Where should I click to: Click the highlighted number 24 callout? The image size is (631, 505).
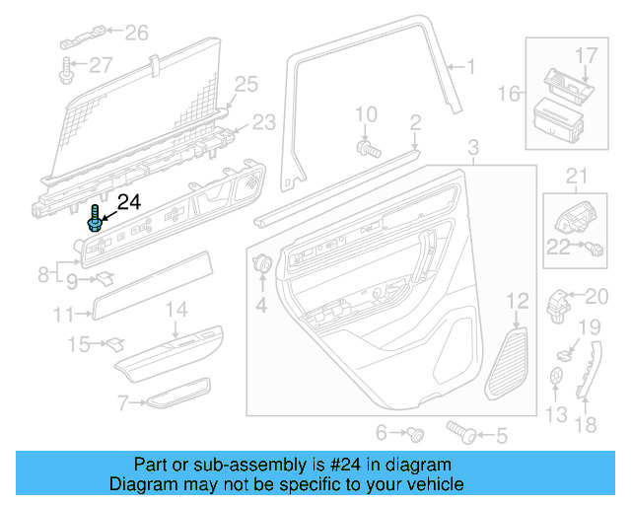click(130, 203)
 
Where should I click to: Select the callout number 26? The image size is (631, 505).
click(136, 34)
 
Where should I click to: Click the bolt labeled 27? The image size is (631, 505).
click(67, 68)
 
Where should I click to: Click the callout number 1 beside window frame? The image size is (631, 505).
click(470, 67)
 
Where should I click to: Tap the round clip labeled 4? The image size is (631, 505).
click(263, 264)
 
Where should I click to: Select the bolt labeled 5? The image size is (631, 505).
click(459, 432)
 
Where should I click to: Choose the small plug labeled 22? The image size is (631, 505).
click(596, 250)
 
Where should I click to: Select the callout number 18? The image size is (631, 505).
click(586, 426)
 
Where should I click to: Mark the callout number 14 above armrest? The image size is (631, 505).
click(175, 310)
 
